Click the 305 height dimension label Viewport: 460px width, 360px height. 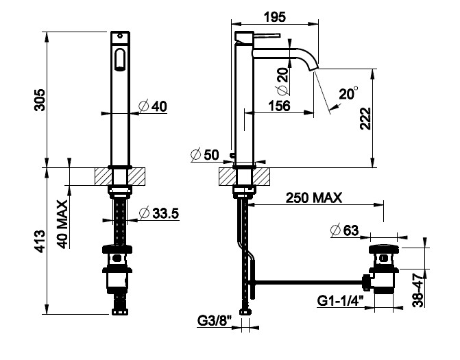click(x=40, y=99)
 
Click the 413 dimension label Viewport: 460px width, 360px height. click(x=40, y=241)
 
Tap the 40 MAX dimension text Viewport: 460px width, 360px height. click(x=62, y=224)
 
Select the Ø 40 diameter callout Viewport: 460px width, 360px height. click(x=153, y=106)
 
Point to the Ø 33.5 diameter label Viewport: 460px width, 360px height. click(x=159, y=213)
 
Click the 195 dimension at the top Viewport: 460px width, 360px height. click(x=275, y=17)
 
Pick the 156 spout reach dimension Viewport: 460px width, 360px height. click(x=279, y=106)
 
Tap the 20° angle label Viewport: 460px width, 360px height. click(x=348, y=93)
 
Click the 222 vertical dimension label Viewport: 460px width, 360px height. click(x=365, y=119)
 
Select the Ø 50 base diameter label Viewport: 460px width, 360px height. click(x=205, y=154)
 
